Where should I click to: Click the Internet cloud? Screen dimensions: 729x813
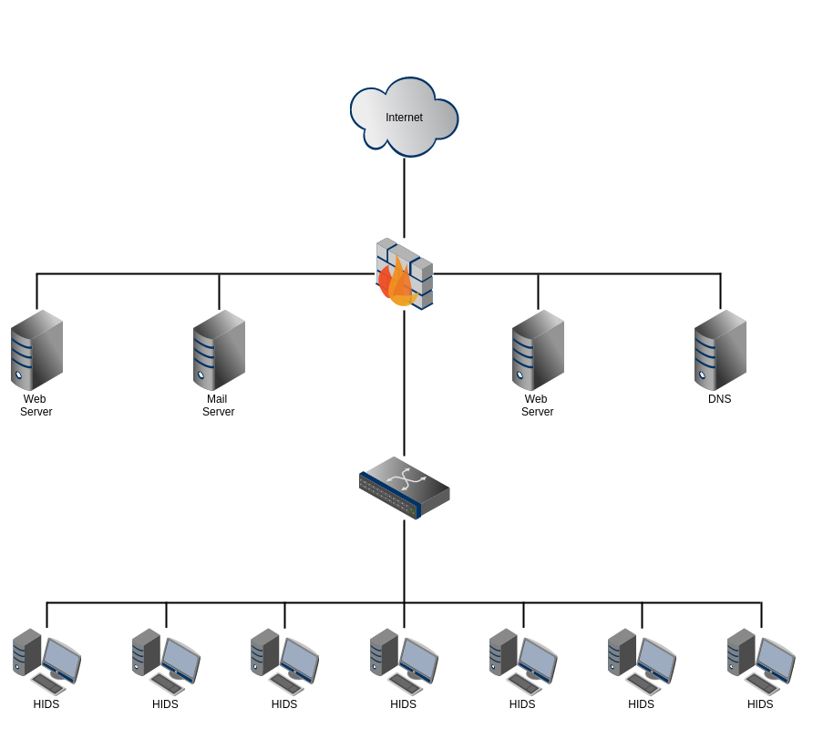point(404,137)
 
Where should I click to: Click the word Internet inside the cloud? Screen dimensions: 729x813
point(404,118)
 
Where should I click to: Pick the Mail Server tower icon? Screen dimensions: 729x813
point(219,350)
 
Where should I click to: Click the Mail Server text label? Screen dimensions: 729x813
point(218,406)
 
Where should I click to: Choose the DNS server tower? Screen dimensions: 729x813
point(720,350)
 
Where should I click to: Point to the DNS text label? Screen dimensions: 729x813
point(719,399)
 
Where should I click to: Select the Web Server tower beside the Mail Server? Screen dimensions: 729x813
point(36,350)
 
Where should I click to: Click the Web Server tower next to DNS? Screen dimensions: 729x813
point(538,350)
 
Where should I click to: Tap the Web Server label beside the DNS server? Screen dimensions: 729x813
point(537,406)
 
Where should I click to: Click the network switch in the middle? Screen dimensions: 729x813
point(404,488)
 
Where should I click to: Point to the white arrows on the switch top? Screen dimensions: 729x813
point(406,477)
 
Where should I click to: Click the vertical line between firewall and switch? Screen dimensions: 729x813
point(404,383)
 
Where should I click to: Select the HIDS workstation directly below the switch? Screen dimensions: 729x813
point(404,662)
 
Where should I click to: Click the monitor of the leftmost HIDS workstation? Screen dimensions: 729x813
point(61,659)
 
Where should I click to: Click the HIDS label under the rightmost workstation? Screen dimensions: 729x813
point(760,704)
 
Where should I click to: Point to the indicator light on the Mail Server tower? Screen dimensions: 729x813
point(201,375)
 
